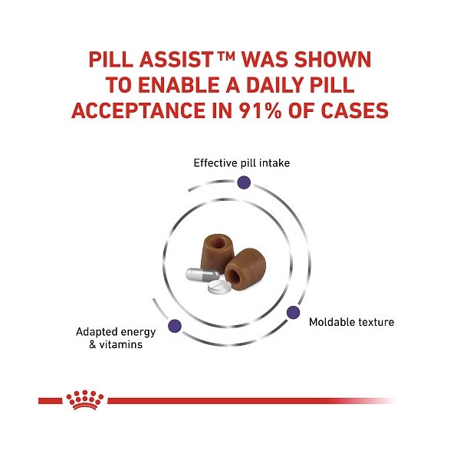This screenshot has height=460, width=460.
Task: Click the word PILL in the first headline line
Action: tap(113, 60)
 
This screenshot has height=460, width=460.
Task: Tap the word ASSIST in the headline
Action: tap(182, 60)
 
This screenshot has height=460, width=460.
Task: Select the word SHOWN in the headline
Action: tap(333, 60)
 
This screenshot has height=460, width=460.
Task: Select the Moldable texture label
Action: tap(351, 322)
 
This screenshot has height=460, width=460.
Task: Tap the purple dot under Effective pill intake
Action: tap(244, 182)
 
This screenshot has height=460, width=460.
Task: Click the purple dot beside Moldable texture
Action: tap(292, 312)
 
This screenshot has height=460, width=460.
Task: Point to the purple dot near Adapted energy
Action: tap(175, 324)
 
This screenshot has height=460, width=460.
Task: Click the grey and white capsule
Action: tap(201, 274)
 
